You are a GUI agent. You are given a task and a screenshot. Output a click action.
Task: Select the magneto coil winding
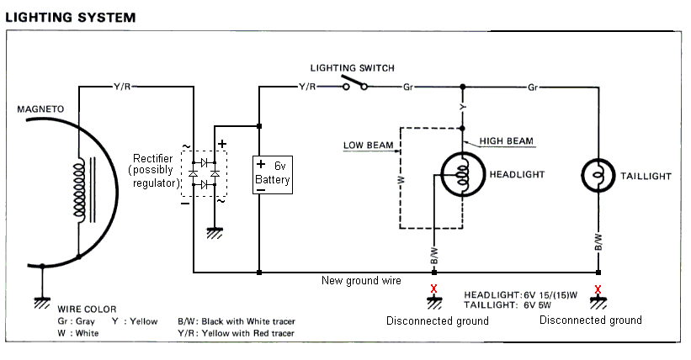point(80,190)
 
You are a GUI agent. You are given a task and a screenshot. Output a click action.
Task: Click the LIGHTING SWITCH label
point(352,68)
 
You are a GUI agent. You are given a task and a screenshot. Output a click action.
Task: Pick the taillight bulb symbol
point(598,175)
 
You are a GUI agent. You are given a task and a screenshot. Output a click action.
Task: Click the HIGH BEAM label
point(507,140)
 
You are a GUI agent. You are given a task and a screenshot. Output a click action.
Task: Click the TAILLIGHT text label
point(646,176)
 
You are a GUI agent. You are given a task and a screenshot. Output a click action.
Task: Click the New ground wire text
point(361,280)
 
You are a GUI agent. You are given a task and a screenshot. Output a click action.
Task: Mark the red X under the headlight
point(433,291)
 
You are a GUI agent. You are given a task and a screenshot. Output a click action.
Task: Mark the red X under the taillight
point(598,291)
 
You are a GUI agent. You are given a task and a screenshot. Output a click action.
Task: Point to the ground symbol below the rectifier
point(214,233)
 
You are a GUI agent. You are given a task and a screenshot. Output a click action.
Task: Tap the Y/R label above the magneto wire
point(121,87)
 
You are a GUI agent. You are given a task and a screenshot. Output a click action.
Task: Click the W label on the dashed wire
point(401,179)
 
